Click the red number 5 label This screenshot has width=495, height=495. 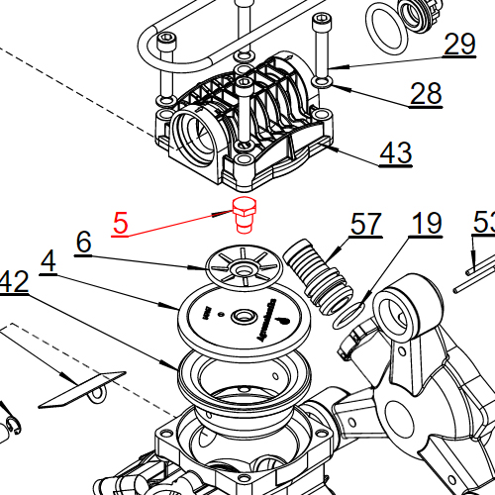[120, 222]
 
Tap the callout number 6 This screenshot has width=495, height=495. [83, 242]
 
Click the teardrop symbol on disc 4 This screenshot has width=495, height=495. [284, 321]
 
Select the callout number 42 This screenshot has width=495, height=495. [13, 282]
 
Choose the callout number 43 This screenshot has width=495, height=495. [396, 153]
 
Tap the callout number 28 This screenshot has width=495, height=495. [427, 94]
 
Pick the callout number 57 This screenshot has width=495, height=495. [365, 225]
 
